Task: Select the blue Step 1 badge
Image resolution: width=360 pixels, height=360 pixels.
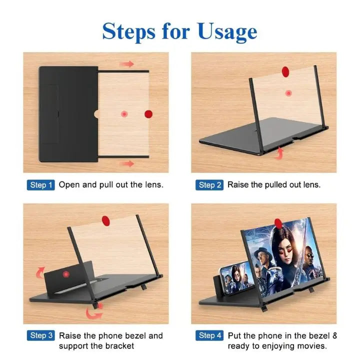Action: click(40, 185)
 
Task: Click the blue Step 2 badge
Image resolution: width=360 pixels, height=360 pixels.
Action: click(209, 185)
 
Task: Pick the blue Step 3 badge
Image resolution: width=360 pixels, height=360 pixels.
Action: click(40, 335)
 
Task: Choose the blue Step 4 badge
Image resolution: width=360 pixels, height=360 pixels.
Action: click(209, 335)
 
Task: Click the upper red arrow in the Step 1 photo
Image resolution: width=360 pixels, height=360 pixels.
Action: click(128, 64)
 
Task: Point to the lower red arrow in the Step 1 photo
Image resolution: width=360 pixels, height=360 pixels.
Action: click(128, 163)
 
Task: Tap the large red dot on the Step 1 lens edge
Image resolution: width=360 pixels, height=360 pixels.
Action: click(148, 114)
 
